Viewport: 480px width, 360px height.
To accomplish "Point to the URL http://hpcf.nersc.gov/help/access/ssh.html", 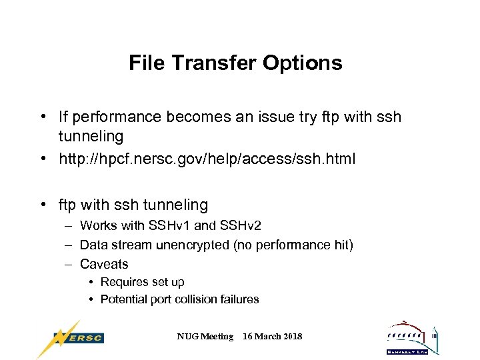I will pos(207,159).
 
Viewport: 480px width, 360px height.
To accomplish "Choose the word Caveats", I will pos(104,264).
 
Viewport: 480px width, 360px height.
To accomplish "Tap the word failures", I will pos(239,299).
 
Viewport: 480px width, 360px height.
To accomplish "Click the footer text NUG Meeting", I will pos(205,337).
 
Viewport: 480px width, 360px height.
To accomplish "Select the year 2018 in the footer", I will pos(291,337).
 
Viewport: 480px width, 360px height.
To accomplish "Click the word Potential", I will pos(123,299).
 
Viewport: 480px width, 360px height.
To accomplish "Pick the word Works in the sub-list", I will pos(97,226).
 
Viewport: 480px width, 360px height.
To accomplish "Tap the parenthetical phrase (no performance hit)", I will pos(293,245).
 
